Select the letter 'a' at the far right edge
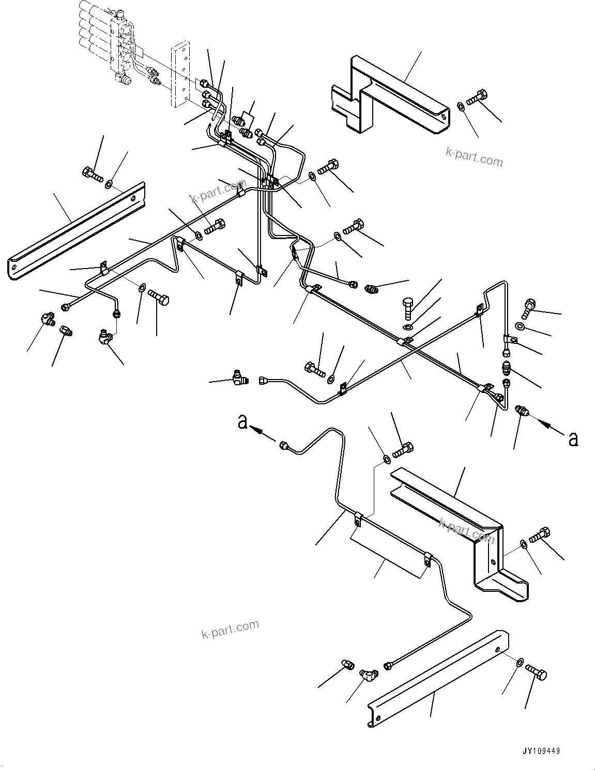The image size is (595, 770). pyautogui.click(x=572, y=438)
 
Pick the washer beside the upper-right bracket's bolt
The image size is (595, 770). pyautogui.click(x=460, y=107)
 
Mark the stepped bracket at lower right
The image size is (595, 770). pyautogui.click(x=465, y=532)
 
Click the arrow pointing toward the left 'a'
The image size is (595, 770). pyautogui.click(x=264, y=433)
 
